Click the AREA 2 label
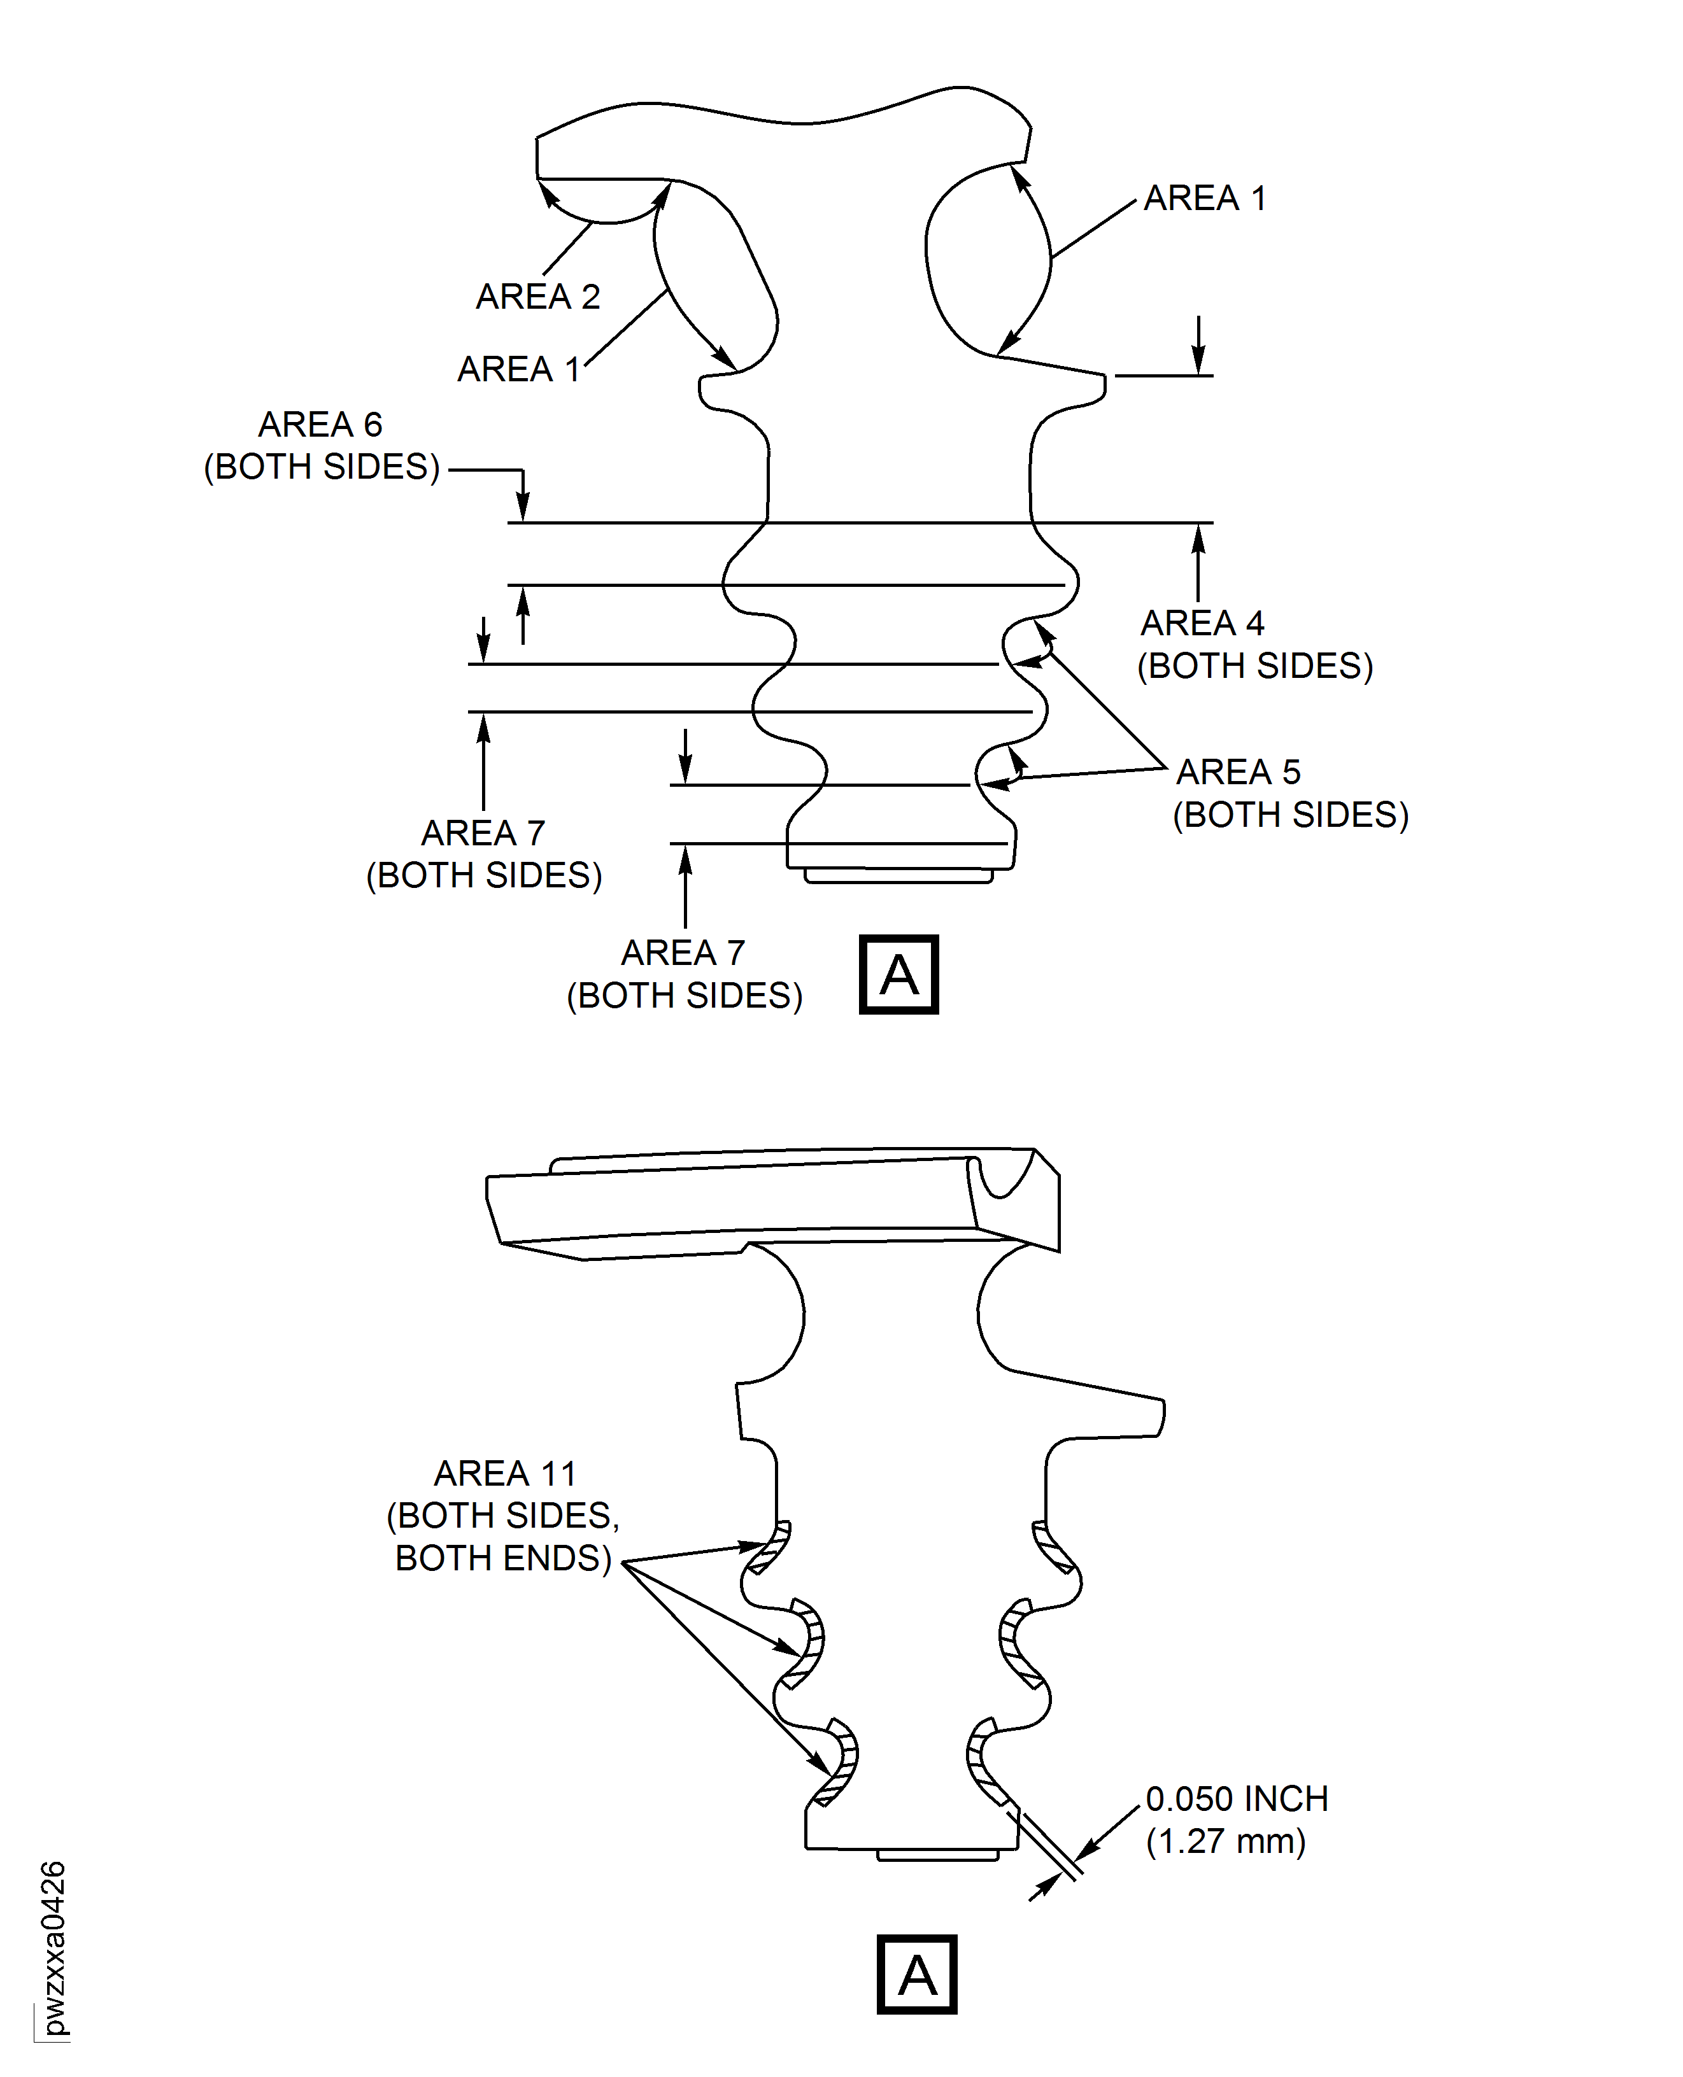pos(538,297)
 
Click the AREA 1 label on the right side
pos(1204,199)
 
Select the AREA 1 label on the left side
pos(519,369)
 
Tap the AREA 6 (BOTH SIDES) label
pos(321,446)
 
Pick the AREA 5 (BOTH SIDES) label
pos(1289,794)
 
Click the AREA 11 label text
pos(505,1474)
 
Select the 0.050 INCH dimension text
pos(1236,1799)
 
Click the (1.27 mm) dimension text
pos(1225,1841)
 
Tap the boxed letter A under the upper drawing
pos(898,975)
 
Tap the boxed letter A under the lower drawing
pos(916,1975)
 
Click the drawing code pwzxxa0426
pos(54,1948)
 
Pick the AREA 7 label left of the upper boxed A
pos(683,974)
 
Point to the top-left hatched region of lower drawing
pos(769,1549)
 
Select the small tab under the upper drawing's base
pos(898,876)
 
